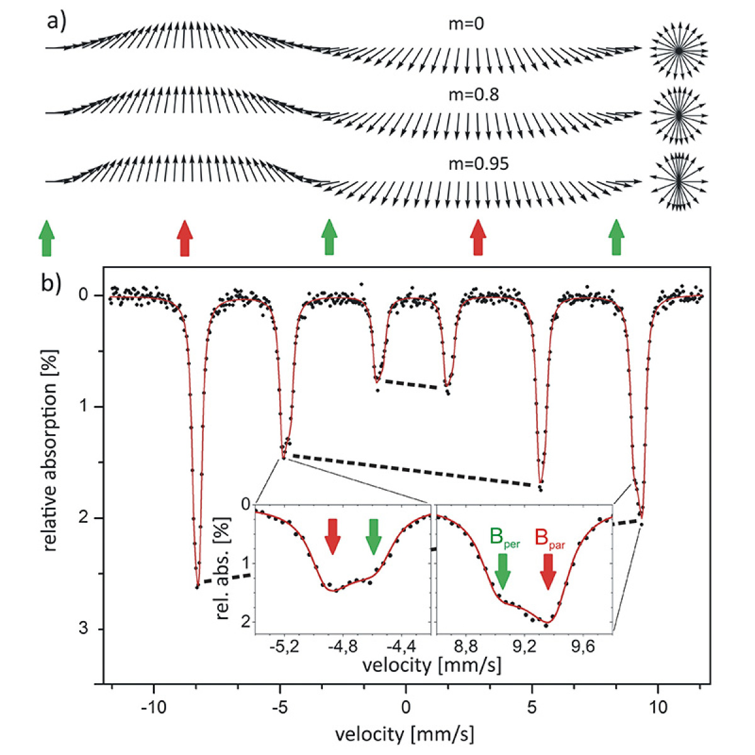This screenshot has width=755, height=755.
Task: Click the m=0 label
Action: pos(466,25)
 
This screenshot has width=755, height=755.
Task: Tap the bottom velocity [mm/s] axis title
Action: pos(405,734)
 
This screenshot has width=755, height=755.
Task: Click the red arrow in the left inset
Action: pos(332,537)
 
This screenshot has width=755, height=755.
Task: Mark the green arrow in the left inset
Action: pos(374,537)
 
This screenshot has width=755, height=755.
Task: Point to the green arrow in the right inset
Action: pos(502,571)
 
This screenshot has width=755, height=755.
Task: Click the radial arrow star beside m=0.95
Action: pos(679,181)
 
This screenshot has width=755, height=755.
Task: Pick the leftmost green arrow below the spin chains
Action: pos(47,238)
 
